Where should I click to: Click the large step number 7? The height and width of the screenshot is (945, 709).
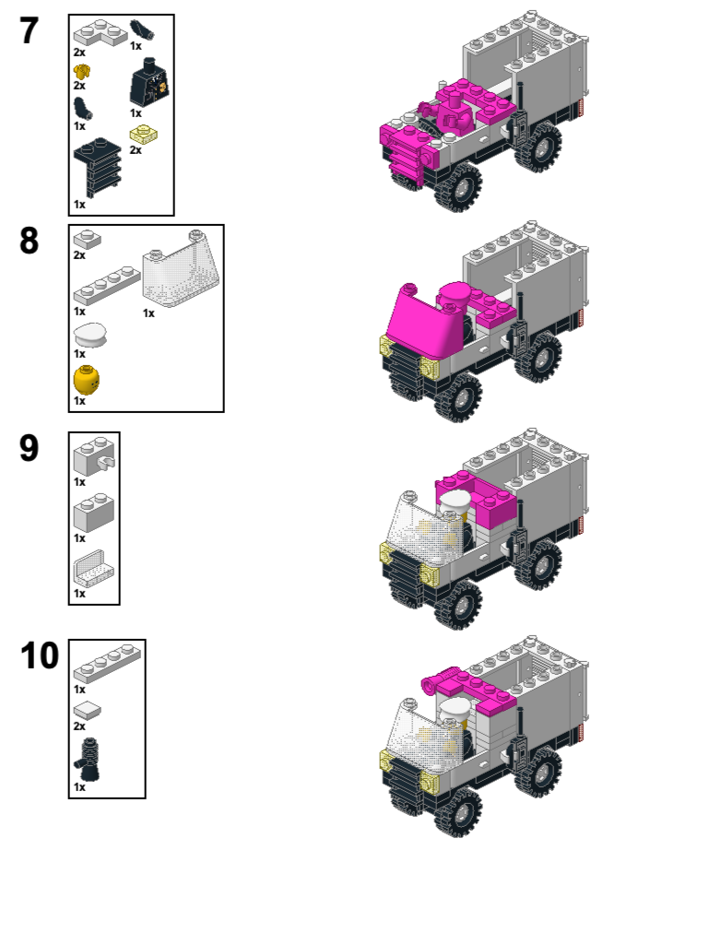29,30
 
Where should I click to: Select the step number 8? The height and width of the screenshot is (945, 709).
29,241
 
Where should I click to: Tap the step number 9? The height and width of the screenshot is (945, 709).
29,448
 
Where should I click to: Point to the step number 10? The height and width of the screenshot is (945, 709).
40,656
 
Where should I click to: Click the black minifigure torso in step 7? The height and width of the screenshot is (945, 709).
148,83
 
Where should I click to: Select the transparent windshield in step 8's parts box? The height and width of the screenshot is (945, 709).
181,270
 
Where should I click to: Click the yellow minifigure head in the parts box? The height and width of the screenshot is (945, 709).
87,380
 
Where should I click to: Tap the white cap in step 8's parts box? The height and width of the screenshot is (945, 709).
89,335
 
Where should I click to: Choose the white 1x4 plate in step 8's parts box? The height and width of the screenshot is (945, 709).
107,285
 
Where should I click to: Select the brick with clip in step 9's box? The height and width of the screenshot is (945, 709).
94,457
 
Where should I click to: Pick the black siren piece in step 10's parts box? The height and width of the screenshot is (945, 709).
88,761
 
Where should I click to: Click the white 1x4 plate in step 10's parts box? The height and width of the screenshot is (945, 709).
107,664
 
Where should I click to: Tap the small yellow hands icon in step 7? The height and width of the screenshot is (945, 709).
82,72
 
